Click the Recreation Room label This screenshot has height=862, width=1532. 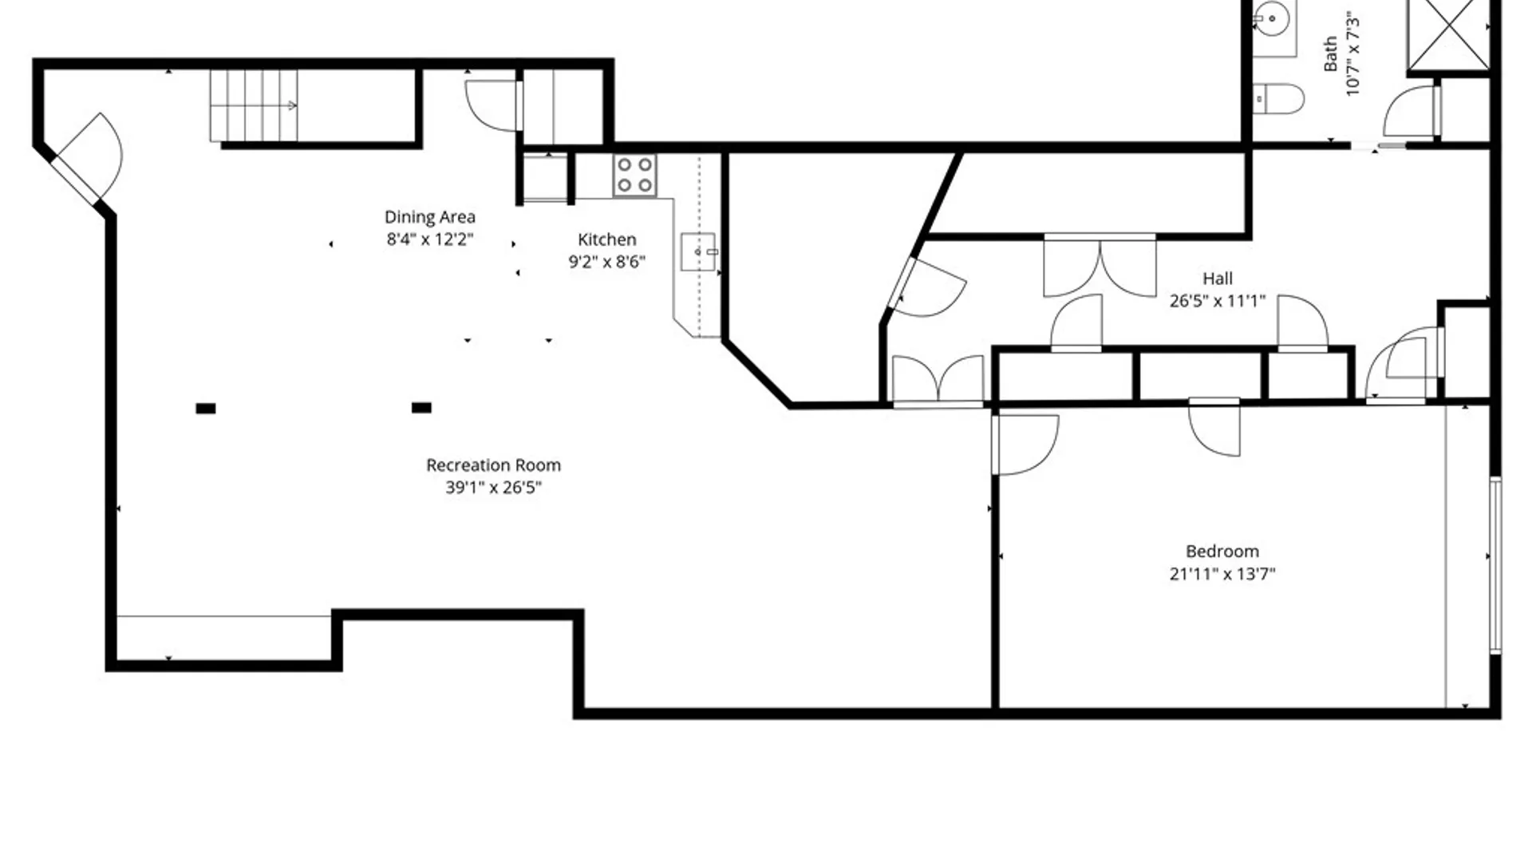coord(493,465)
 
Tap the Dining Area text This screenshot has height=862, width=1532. coord(429,217)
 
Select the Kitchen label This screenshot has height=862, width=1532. coord(606,239)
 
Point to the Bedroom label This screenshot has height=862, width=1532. coord(1222,551)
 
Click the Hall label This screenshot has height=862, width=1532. coord(1218,279)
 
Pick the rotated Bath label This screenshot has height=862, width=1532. coord(1330,54)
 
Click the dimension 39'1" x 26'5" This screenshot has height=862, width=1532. coord(493,487)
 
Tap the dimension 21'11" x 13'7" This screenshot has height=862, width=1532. coord(1222,573)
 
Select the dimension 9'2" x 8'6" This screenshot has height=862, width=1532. coord(606,262)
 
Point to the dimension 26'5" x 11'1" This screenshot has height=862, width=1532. coord(1218,301)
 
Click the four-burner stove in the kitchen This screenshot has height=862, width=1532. coord(635,175)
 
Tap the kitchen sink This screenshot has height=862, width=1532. coord(698,252)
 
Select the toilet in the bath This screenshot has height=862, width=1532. coord(1278,99)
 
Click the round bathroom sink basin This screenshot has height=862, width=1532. coord(1272,16)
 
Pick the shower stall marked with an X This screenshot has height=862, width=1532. coord(1448,34)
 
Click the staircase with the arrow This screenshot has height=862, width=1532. coord(254,105)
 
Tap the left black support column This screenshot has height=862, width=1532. coord(206,409)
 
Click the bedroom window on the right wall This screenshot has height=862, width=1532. coord(1495,565)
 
